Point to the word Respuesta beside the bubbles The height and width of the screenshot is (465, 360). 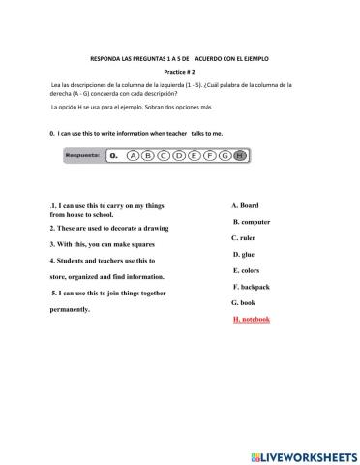(x=84, y=154)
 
